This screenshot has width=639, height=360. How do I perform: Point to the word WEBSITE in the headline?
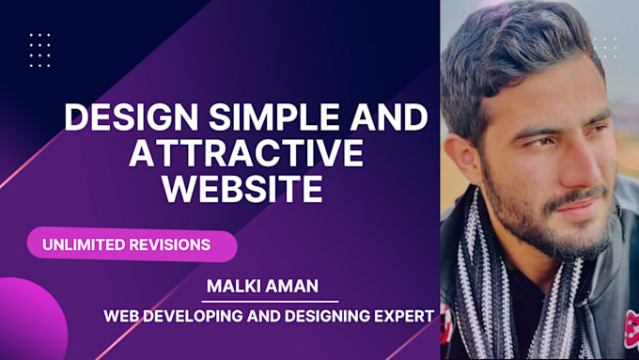(243, 187)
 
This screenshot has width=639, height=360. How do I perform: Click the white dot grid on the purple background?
(39, 50)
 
